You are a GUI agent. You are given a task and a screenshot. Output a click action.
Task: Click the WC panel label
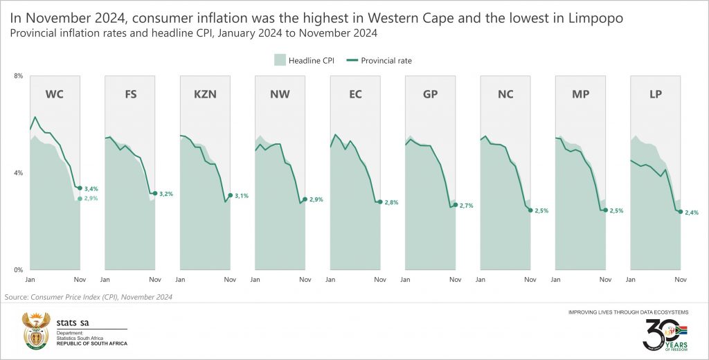[55, 95]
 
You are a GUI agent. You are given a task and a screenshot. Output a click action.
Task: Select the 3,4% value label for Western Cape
[91, 188]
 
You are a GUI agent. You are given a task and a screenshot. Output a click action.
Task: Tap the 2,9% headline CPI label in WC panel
[91, 199]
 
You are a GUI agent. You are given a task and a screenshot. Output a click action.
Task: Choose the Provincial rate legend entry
[384, 60]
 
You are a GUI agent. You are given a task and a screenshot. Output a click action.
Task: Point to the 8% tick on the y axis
[18, 75]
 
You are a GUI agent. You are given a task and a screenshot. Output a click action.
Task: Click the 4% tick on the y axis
[18, 172]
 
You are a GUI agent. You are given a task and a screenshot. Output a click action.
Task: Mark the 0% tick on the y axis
[18, 269]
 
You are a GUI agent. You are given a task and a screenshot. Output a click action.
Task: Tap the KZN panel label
[205, 95]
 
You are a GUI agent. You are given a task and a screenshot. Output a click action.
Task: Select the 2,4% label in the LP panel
[692, 213]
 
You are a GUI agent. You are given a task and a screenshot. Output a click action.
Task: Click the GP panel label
[430, 95]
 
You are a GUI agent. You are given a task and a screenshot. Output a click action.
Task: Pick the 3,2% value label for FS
[166, 194]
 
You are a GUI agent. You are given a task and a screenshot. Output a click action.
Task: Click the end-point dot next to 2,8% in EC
[380, 201]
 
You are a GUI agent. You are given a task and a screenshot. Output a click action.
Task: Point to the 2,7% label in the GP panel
[467, 206]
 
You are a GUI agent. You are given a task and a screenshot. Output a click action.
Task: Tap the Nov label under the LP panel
[681, 280]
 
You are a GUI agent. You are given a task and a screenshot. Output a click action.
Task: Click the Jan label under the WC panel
[30, 280]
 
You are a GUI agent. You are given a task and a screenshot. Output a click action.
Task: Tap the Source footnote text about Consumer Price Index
[89, 297]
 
